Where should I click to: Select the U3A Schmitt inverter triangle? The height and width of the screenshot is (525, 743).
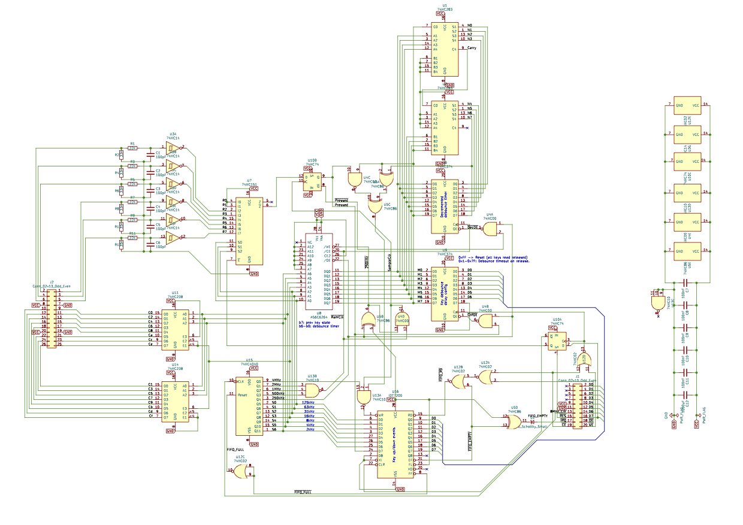[173, 148]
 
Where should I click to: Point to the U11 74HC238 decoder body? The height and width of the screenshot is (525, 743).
[175, 328]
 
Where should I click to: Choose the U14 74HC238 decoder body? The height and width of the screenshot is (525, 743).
[175, 400]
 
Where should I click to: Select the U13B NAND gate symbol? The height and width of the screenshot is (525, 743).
[312, 390]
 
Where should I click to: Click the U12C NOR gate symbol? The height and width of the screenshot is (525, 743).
[240, 472]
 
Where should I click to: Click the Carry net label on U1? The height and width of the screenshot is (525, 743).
[472, 48]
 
